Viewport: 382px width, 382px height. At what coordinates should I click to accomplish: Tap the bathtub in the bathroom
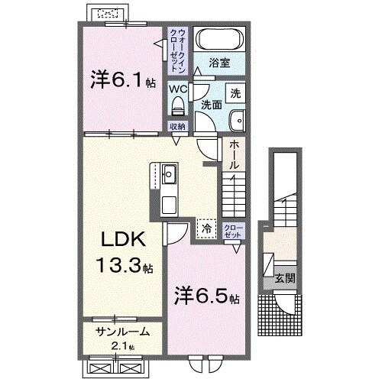(x=217, y=39)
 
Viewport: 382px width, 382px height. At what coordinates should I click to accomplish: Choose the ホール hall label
(x=234, y=154)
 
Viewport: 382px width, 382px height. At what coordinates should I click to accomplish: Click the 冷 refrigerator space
(x=205, y=227)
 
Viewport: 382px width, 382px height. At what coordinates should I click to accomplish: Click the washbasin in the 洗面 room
(x=235, y=120)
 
